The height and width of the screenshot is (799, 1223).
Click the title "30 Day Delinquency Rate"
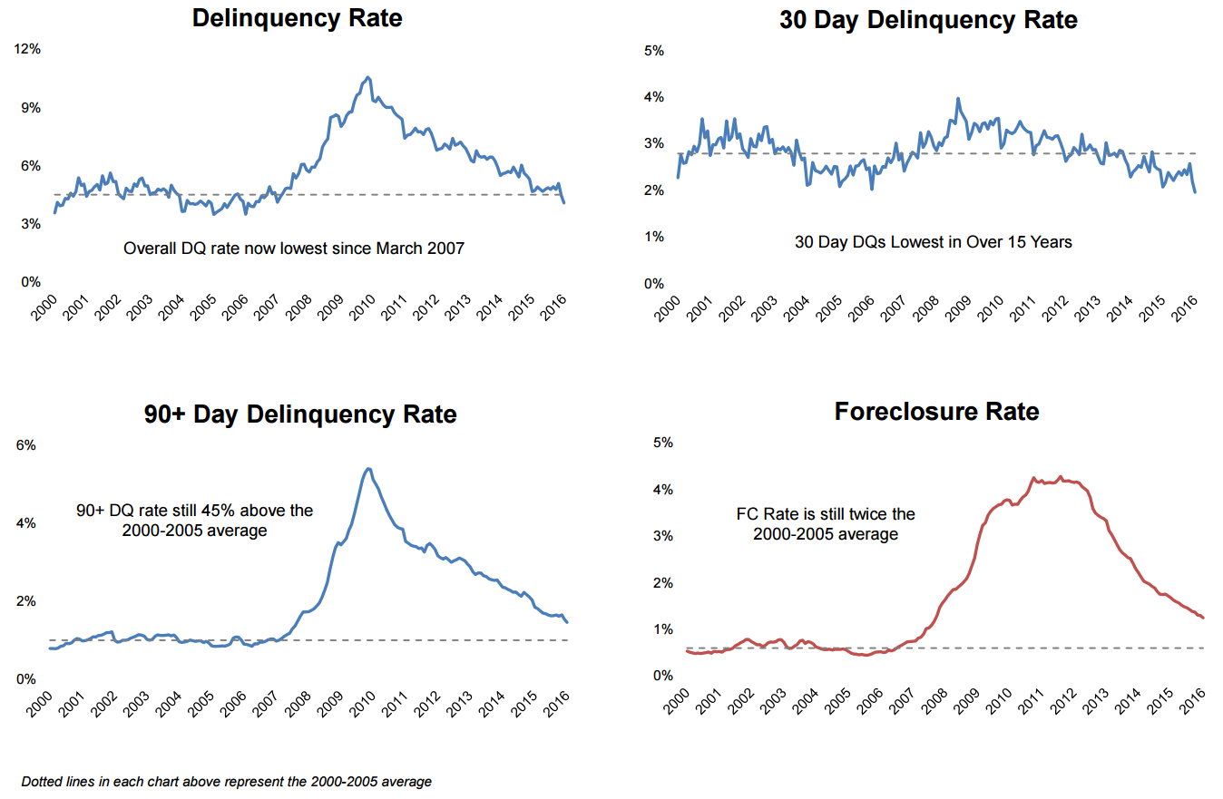pos(928,20)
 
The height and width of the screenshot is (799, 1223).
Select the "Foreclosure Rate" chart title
pos(936,412)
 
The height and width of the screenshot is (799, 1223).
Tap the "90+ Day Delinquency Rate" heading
pos(300,414)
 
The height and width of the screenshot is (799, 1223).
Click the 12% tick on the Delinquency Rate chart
pos(28,49)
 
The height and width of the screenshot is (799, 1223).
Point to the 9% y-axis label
pos(31,107)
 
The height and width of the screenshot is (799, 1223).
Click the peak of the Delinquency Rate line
pos(367,77)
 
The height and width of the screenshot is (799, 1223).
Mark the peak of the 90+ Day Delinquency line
pos(367,469)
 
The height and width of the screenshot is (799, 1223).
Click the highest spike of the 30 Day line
pos(957,99)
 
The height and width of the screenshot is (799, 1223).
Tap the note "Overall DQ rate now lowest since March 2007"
pos(293,248)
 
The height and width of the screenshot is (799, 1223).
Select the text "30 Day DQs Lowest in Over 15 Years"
pos(934,242)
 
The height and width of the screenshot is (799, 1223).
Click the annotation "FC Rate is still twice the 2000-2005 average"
pos(825,524)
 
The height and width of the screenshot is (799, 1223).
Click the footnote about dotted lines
pos(226,781)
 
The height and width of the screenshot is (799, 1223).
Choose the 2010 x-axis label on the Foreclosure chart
pos(1001,701)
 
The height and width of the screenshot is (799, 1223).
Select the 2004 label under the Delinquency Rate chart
pos(171,309)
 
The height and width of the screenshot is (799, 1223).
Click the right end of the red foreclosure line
pos(1203,618)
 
